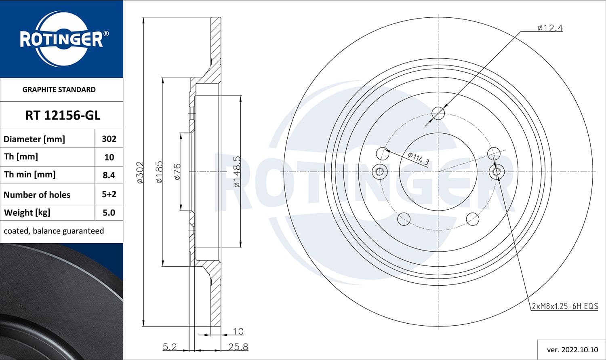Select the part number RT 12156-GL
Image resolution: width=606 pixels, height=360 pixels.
[x=63, y=116]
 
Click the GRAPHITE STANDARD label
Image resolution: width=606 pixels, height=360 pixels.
[x=59, y=90]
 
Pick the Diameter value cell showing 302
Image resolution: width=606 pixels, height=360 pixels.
[x=109, y=139]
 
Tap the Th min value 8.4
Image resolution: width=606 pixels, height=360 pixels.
[x=109, y=175]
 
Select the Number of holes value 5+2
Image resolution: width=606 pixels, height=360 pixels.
[x=109, y=194]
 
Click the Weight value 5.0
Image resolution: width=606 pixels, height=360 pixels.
[x=109, y=213]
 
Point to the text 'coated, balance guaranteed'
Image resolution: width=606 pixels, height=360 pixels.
[x=54, y=231]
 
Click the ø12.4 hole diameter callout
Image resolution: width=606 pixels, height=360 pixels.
[x=550, y=28]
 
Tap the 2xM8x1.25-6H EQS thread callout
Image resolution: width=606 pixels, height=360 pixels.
[x=565, y=306]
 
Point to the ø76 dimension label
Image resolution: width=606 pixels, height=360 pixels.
[x=177, y=172]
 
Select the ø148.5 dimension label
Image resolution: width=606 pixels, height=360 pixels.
[x=237, y=172]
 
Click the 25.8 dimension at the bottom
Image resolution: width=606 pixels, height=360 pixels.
[x=238, y=347]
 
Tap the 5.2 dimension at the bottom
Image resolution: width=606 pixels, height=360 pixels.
[x=170, y=347]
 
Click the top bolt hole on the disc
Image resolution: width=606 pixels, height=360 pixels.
[x=438, y=114]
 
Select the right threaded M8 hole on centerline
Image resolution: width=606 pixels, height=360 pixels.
[x=497, y=172]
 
